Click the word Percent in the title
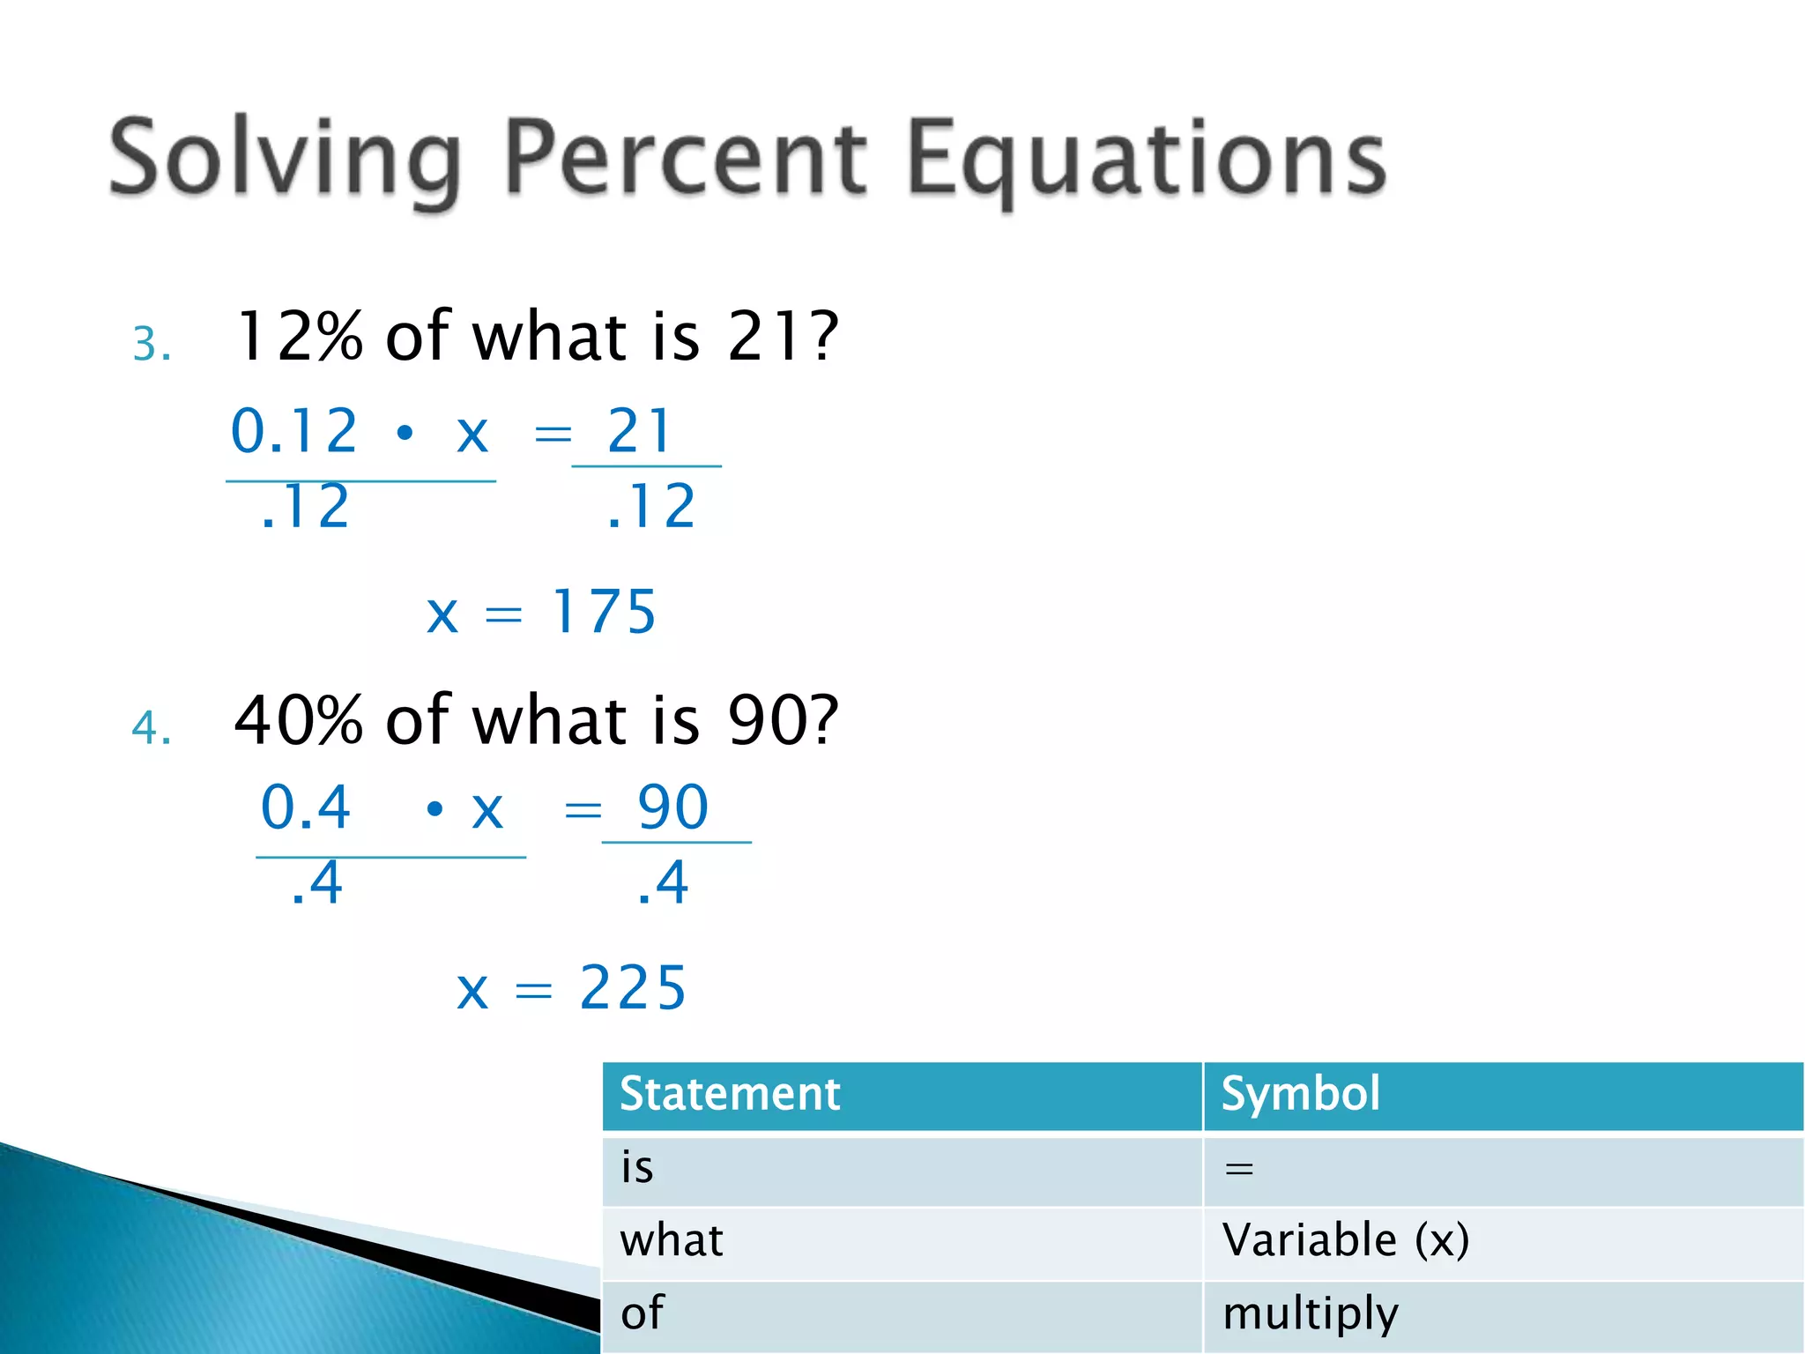point(686,159)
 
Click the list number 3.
point(151,344)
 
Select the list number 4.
point(151,728)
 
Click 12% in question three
point(300,337)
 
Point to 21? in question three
point(783,337)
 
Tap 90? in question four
point(783,720)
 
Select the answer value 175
point(605,612)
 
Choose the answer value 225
point(633,987)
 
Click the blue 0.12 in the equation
point(294,432)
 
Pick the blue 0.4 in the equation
point(306,807)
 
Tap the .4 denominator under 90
point(663,883)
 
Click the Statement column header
point(730,1094)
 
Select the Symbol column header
point(1300,1094)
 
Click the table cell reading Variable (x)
point(1345,1240)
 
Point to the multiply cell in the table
point(1311,1313)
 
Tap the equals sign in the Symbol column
point(1239,1169)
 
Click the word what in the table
point(672,1240)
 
